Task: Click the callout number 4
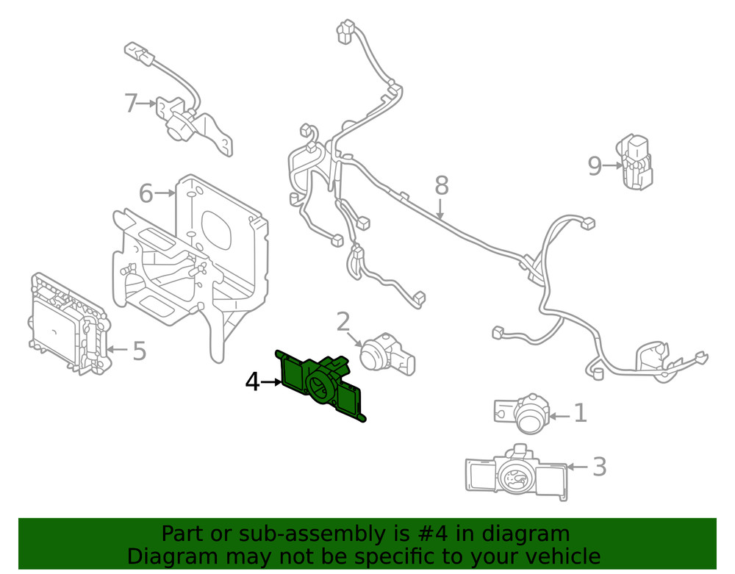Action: (252, 382)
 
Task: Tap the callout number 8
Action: (441, 185)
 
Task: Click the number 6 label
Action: (146, 194)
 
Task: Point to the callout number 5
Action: (139, 351)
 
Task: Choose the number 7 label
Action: (131, 104)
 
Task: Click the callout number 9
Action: (595, 167)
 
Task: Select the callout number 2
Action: (343, 322)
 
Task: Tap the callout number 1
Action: (580, 414)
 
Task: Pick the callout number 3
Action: (599, 467)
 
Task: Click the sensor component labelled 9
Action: (634, 162)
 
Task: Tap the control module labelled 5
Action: (68, 324)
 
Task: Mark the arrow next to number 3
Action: (578, 467)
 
